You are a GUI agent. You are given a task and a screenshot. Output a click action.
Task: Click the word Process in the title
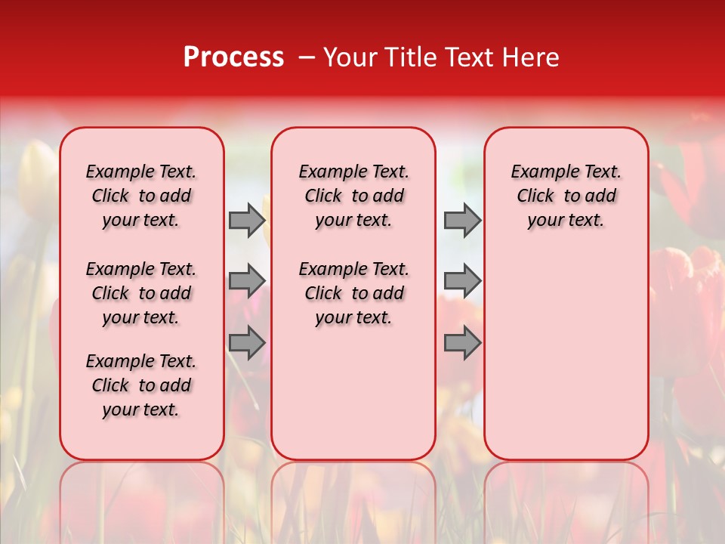click(x=233, y=57)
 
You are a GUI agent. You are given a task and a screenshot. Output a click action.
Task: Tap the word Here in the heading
click(x=530, y=57)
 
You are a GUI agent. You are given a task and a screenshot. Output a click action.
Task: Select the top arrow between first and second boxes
click(x=247, y=220)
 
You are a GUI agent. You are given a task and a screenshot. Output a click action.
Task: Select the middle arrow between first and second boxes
click(x=247, y=281)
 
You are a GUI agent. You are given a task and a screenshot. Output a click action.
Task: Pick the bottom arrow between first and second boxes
click(x=247, y=343)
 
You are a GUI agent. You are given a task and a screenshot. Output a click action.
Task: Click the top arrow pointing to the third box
click(x=462, y=220)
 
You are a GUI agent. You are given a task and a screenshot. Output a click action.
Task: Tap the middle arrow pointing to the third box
click(x=462, y=281)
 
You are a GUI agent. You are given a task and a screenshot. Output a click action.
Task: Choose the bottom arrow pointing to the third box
click(x=462, y=343)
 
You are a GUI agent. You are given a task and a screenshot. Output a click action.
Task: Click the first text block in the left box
click(x=141, y=196)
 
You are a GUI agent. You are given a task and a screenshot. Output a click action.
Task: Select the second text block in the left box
click(x=141, y=293)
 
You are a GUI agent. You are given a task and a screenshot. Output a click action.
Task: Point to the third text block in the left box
click(x=141, y=385)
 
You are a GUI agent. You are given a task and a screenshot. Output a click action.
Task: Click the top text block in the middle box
click(x=353, y=196)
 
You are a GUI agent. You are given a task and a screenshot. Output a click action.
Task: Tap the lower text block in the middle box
click(x=353, y=293)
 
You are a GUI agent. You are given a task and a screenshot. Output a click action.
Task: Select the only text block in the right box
click(x=566, y=196)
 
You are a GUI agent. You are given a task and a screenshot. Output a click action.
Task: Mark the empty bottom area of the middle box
click(x=353, y=400)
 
